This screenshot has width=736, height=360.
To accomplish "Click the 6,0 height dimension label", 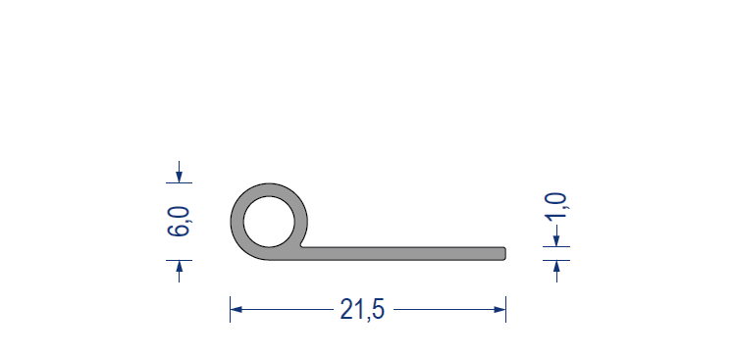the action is coord(179,222).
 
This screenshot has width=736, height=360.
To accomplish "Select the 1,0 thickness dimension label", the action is coord(556,206).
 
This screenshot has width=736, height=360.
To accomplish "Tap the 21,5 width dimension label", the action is coord(362,310).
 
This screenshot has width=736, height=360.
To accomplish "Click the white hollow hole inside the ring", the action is coord(269,222).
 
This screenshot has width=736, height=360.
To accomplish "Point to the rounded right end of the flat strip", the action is coord(503,253).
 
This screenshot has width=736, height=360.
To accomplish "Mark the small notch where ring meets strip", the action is coord(302,244).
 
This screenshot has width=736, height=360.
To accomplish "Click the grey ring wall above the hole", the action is coord(269,189).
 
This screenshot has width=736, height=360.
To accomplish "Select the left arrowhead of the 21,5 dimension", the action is coord(237,310).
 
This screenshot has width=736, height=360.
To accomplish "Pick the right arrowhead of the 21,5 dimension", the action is coord(499,310).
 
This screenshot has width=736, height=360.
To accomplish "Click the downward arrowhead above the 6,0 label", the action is coord(179,177).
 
